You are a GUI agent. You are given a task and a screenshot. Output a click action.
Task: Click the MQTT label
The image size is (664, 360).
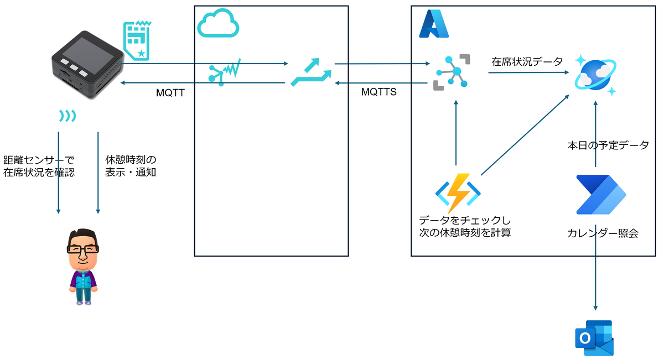click(170, 92)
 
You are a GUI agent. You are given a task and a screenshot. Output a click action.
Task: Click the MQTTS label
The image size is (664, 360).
click(379, 92)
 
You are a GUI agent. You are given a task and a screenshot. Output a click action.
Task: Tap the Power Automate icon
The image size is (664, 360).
click(601, 195)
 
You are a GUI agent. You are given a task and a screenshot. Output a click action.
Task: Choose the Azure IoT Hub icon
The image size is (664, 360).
click(452, 71)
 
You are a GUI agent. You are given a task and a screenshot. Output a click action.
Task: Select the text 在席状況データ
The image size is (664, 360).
click(527, 62)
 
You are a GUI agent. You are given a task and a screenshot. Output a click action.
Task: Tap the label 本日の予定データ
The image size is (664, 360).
click(608, 146)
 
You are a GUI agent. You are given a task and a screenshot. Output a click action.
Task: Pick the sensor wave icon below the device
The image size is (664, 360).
click(68, 116)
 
